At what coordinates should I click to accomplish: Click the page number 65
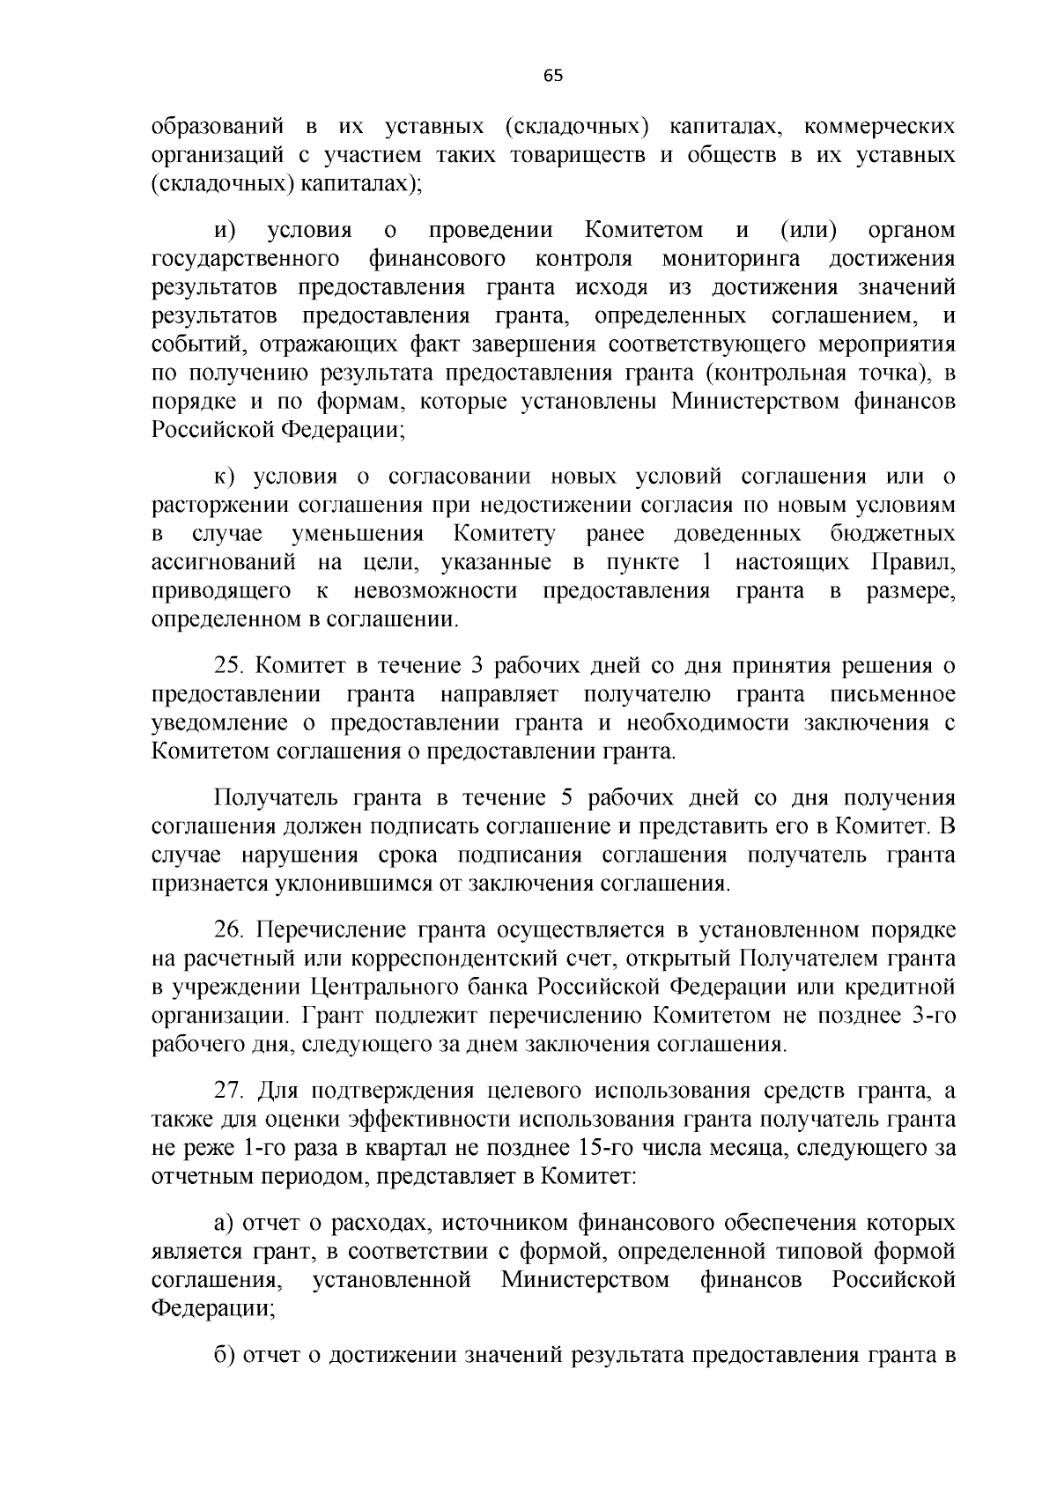pyautogui.click(x=553, y=76)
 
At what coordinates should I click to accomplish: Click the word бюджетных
pyautogui.click(x=892, y=535)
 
